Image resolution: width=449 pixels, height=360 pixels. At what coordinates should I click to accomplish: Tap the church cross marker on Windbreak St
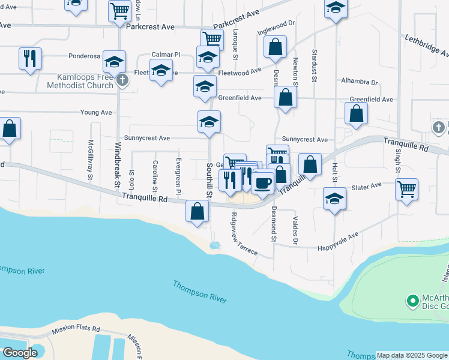click(x=122, y=80)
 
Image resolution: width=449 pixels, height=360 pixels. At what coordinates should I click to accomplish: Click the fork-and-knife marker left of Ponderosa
click(x=30, y=59)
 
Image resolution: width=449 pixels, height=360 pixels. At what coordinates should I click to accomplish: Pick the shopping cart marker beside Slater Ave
click(x=406, y=189)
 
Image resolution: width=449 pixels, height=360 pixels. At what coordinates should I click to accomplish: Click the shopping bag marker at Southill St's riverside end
click(x=197, y=211)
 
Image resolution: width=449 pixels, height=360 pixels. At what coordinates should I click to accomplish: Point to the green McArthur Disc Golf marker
click(x=412, y=300)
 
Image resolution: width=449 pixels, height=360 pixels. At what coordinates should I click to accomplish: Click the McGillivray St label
click(x=91, y=160)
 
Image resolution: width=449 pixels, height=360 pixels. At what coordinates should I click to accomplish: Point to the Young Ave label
click(x=96, y=112)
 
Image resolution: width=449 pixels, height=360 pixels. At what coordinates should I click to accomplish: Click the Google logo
click(x=20, y=353)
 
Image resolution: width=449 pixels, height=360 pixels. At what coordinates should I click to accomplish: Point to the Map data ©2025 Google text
click(x=412, y=356)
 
